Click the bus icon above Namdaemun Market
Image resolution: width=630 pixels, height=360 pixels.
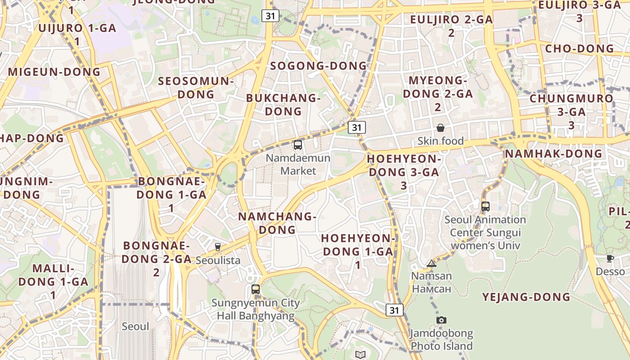[297, 145]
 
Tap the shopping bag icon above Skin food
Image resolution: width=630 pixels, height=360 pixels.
[441, 128]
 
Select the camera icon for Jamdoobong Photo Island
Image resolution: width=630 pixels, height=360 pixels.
[441, 320]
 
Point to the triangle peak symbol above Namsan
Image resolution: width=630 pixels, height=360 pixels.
[432, 263]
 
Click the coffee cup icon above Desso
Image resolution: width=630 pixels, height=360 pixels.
[610, 258]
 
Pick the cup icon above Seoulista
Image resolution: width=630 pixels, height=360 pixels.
[218, 247]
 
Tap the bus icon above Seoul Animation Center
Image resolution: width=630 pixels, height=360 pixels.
[485, 207]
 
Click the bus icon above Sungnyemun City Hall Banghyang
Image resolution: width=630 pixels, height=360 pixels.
[256, 289]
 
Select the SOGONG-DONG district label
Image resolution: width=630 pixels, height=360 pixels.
[319, 66]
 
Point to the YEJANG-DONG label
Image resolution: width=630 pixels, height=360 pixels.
[526, 297]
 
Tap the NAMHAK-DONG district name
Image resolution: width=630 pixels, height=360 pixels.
[553, 153]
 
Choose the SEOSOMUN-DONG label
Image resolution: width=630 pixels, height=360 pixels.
[196, 88]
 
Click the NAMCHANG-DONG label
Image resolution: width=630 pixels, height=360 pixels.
[277, 223]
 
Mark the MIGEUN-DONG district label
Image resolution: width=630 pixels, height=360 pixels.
[54, 72]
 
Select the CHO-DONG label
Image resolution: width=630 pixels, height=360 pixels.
[579, 49]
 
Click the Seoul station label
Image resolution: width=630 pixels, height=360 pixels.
[135, 326]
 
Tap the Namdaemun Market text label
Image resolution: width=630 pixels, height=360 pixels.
[298, 164]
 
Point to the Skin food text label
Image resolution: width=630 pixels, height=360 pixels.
[440, 141]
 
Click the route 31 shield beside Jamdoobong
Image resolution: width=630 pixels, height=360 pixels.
[394, 310]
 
